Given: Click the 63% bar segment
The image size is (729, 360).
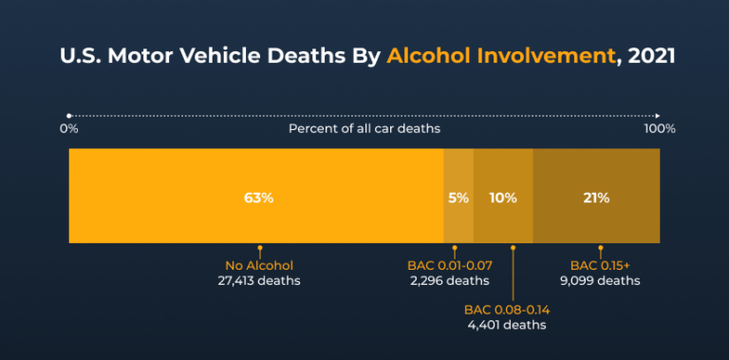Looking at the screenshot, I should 256,198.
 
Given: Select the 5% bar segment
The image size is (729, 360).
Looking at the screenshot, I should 458,198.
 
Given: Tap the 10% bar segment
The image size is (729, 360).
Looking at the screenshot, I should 503,198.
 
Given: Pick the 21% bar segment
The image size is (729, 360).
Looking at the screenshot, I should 596,198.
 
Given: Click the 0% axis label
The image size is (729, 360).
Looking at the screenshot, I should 68,128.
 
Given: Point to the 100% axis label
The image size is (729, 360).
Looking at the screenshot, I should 660,128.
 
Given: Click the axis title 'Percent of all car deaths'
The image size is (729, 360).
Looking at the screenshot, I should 364,128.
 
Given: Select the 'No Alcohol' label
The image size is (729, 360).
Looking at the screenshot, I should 259,265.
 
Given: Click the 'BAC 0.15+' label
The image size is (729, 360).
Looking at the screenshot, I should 600,265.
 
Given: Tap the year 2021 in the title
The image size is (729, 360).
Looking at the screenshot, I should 650,55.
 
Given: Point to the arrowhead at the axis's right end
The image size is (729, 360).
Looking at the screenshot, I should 658,114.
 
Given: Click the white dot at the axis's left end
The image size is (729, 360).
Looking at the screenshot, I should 69,114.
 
